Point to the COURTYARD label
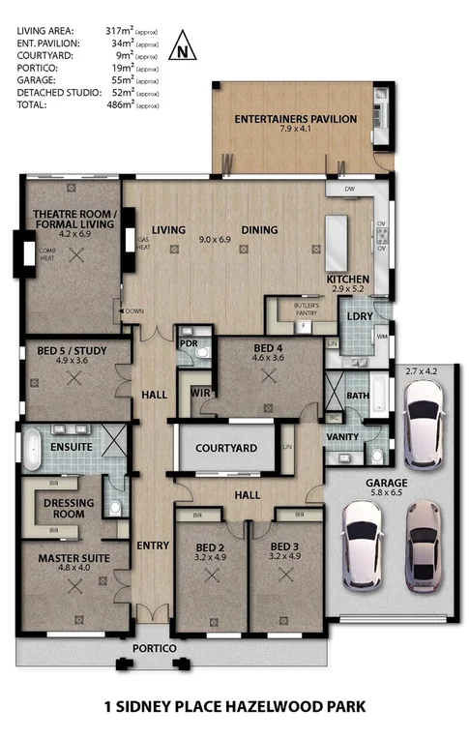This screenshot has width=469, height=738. click(226, 448)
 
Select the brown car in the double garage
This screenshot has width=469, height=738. click(423, 557)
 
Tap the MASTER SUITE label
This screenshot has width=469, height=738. click(74, 558)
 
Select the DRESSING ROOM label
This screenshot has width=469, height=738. click(74, 509)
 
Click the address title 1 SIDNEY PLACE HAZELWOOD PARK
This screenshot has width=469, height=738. click(234, 707)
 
